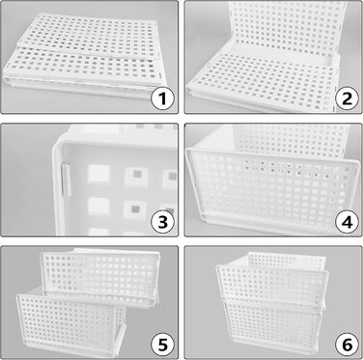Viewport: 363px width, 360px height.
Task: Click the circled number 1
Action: click(163, 98)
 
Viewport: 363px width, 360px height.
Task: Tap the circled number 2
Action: click(348, 98)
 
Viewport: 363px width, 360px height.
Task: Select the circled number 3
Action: click(163, 222)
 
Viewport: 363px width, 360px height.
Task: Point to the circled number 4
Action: click(348, 222)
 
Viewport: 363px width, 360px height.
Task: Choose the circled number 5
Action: click(163, 345)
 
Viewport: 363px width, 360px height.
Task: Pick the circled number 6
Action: click(348, 345)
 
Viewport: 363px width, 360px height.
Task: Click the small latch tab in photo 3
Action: click(66, 180)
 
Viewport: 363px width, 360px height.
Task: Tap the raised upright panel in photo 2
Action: click(288, 27)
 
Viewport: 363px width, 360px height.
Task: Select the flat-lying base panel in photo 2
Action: click(263, 82)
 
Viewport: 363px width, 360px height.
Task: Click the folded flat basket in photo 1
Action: click(82, 55)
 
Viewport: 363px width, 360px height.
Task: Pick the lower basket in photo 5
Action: click(70, 321)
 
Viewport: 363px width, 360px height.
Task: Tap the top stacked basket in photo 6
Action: click(272, 277)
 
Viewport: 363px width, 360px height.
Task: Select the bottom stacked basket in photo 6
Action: click(273, 325)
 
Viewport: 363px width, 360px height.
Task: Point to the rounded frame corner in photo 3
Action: click(61, 143)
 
